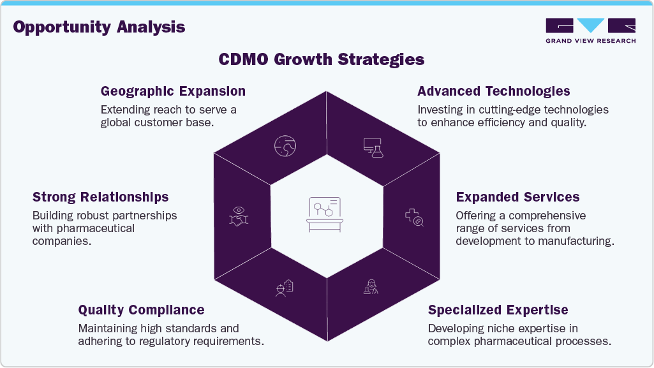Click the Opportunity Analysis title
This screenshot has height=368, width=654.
(x=99, y=27)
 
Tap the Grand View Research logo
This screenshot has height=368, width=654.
(x=590, y=30)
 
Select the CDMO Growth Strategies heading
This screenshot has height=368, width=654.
(x=321, y=59)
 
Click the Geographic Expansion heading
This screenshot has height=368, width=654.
(x=173, y=91)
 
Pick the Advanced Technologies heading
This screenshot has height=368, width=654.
(x=493, y=91)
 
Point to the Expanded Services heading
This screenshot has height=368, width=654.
(x=517, y=197)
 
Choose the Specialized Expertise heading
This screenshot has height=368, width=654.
(x=498, y=311)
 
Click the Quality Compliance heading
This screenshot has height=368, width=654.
(x=141, y=311)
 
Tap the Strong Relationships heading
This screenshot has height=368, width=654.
(x=100, y=197)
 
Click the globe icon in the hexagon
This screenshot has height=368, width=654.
(x=284, y=146)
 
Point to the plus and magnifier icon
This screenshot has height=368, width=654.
(x=415, y=217)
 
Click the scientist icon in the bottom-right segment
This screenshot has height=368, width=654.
(x=370, y=287)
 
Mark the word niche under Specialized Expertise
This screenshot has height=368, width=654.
(x=503, y=328)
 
